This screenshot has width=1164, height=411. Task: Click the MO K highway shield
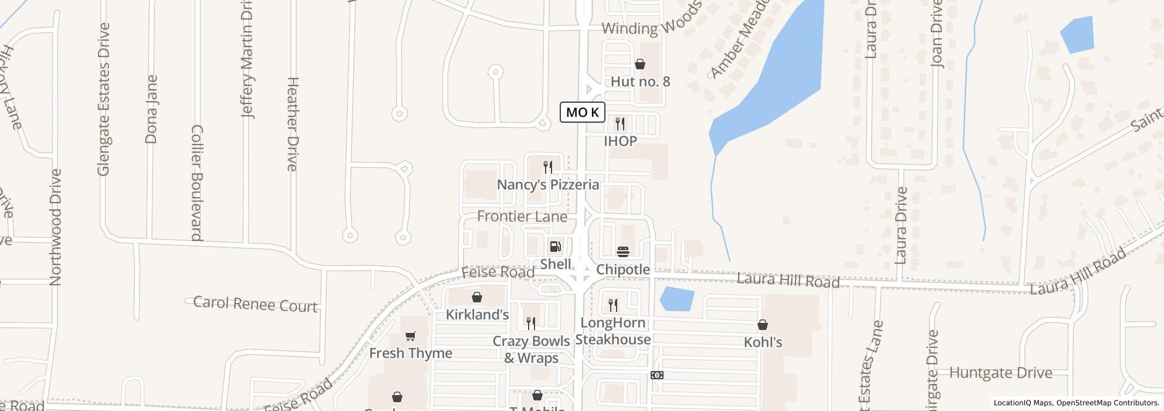(x=582, y=112)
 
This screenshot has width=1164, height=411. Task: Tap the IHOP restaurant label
(x=620, y=142)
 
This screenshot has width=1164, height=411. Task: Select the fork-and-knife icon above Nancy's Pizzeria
(x=548, y=167)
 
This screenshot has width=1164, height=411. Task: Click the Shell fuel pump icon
(x=555, y=247)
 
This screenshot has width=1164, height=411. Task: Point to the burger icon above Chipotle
(x=623, y=252)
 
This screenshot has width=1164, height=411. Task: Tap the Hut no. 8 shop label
(x=640, y=82)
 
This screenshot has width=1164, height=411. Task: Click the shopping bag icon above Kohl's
(x=763, y=325)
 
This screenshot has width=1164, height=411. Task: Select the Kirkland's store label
(x=477, y=315)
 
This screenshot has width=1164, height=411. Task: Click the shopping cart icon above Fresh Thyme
(x=411, y=336)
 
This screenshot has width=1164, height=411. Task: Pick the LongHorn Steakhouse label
(x=613, y=331)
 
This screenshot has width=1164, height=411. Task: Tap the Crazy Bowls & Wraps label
(x=531, y=349)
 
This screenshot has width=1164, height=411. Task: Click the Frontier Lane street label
(x=522, y=217)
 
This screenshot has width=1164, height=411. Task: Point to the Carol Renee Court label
(x=255, y=304)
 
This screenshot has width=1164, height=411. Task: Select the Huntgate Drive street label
(x=1000, y=373)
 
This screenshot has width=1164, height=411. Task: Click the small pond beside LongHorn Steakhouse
(x=677, y=299)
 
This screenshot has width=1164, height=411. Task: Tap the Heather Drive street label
(x=292, y=124)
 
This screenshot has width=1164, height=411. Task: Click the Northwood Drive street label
(x=56, y=227)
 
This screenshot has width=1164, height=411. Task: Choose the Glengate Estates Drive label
(x=104, y=99)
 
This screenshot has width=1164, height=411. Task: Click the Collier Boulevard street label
(x=197, y=183)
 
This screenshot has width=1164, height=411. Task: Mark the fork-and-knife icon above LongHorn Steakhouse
(x=613, y=305)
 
